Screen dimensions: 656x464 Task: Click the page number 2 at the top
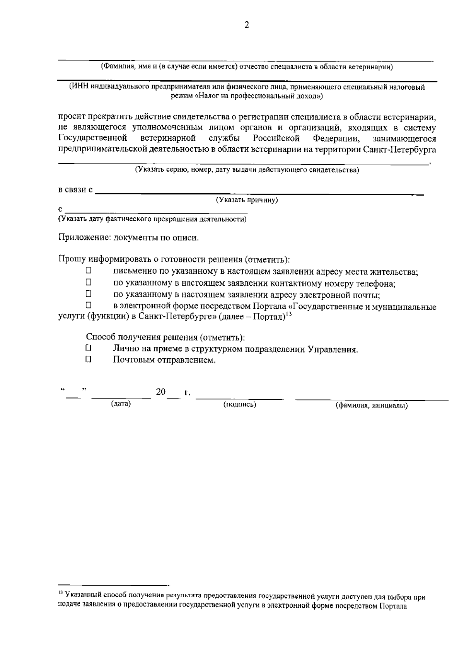coord(247,25)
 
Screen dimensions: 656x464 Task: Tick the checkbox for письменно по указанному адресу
coord(88,271)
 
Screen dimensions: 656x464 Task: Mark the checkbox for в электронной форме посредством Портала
coord(88,306)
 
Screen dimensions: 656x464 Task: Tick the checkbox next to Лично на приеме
coord(89,348)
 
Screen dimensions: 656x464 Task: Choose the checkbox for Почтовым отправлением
coord(89,360)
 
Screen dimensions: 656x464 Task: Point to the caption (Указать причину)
coord(247,200)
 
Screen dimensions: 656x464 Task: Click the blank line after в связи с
coord(259,192)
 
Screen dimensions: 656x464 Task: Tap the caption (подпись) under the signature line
coord(240,404)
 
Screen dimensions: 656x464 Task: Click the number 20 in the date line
coord(160,392)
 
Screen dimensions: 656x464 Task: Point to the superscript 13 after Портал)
coord(288,314)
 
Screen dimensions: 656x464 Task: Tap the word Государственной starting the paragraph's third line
coord(93,138)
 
